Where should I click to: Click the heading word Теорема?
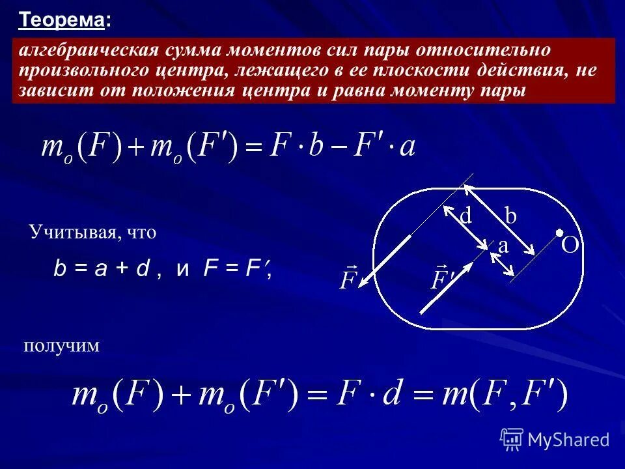click(x=62, y=20)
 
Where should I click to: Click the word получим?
click(x=62, y=345)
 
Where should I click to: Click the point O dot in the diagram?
click(x=559, y=232)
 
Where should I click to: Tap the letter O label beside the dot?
click(x=570, y=246)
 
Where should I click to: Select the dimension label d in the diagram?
click(x=465, y=216)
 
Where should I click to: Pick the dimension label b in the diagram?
click(x=510, y=217)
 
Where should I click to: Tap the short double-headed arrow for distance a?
click(x=502, y=264)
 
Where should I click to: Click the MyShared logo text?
click(x=568, y=440)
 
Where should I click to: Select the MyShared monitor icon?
click(x=512, y=440)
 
